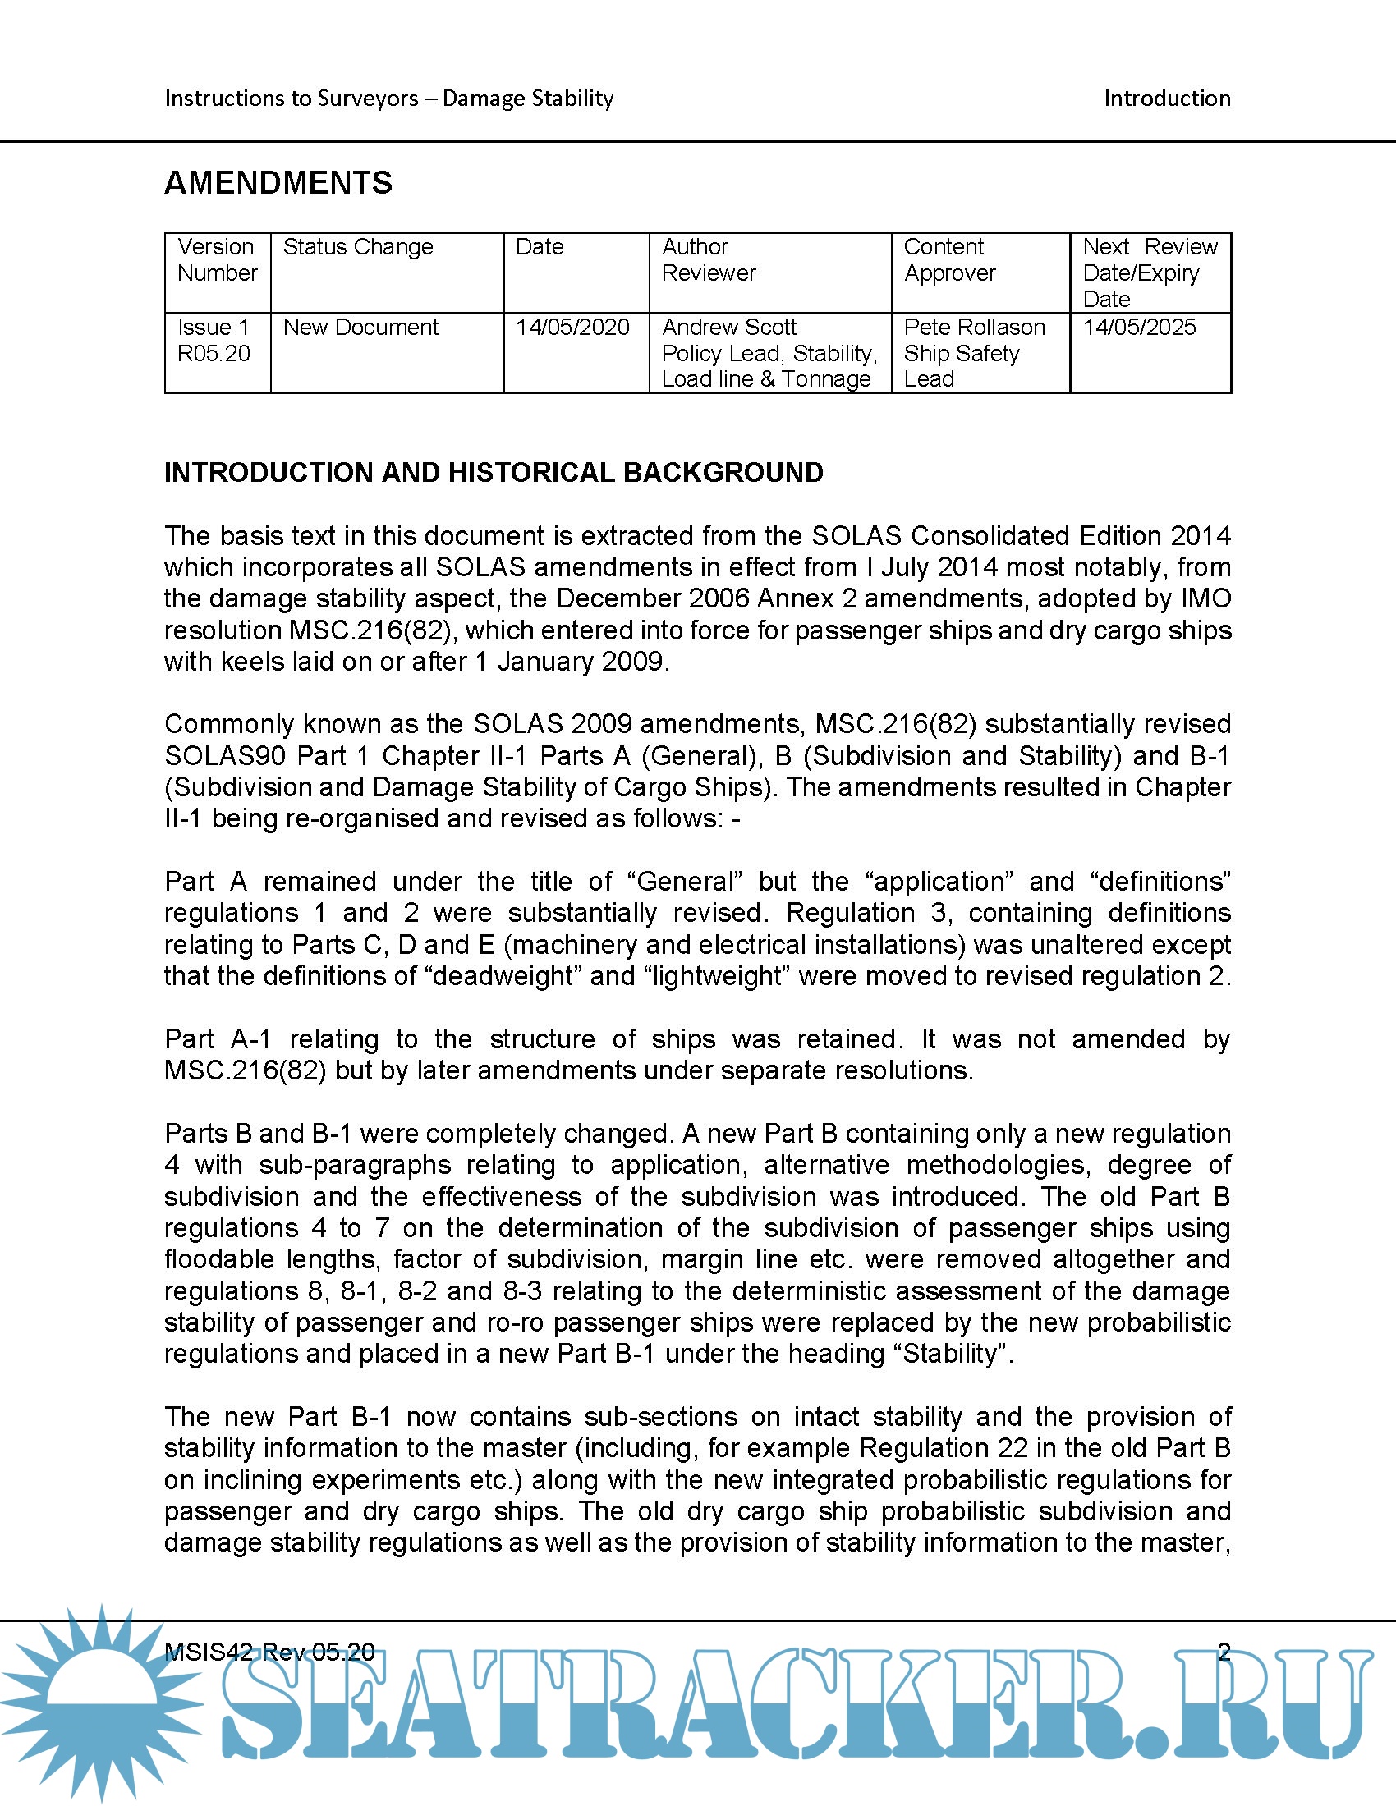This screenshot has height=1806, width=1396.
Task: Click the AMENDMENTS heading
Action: point(278,183)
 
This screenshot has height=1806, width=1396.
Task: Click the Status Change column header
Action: point(357,247)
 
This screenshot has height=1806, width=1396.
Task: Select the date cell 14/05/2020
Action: point(572,328)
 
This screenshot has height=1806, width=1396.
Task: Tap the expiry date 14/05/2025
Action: point(1139,328)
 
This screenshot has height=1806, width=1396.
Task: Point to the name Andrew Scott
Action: point(728,328)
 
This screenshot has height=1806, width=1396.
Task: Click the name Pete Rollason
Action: point(973,328)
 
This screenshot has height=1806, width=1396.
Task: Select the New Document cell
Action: point(360,328)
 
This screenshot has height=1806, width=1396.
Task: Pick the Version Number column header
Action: point(217,259)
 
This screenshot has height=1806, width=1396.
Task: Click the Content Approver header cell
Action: point(948,259)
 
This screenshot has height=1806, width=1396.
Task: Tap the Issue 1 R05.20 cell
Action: point(214,341)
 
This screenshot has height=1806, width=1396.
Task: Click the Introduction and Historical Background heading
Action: point(493,472)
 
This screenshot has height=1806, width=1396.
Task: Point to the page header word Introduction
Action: point(1167,99)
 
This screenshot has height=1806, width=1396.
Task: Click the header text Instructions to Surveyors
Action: point(292,99)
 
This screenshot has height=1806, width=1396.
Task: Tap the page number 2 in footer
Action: point(1224,1652)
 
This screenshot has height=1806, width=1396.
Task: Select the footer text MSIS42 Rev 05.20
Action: point(269,1652)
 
